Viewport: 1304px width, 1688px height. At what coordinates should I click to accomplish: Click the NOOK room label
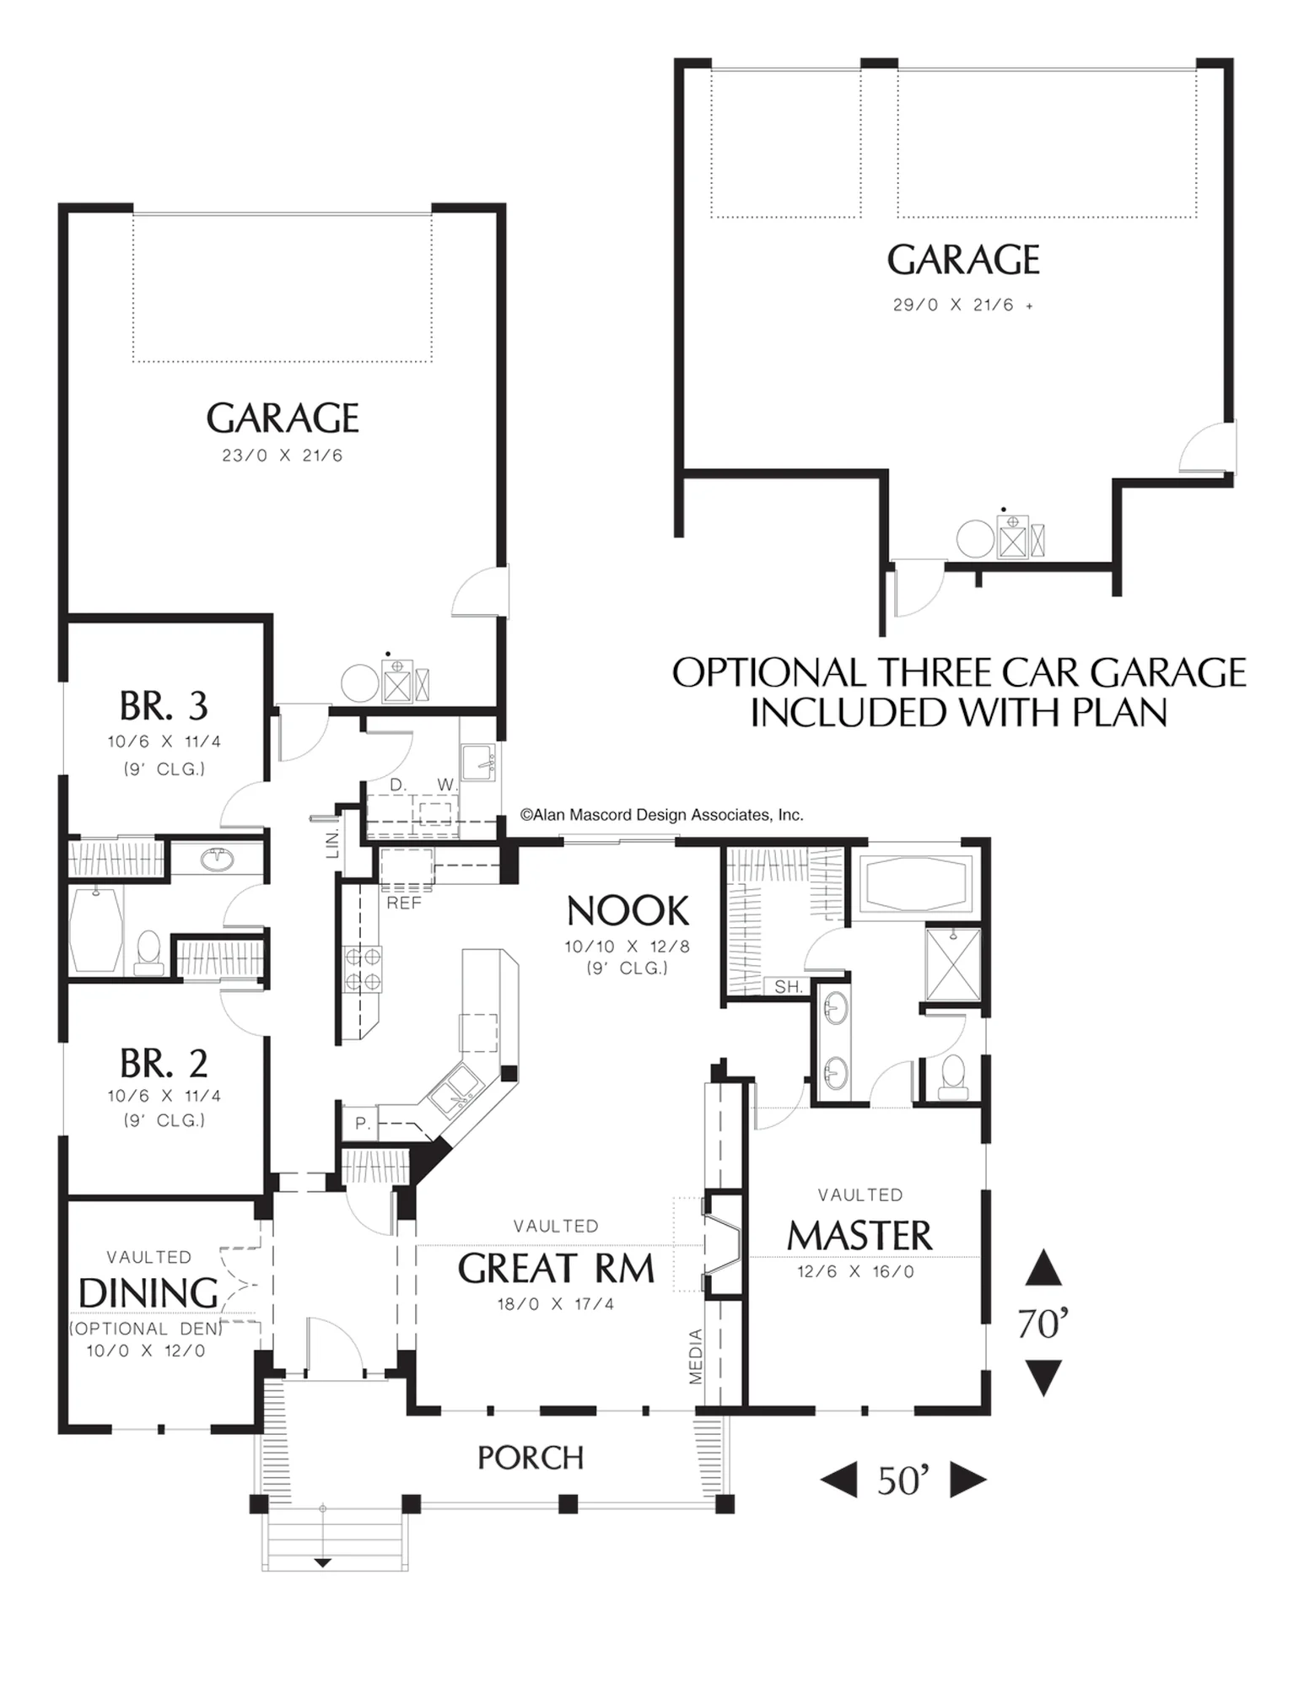click(628, 912)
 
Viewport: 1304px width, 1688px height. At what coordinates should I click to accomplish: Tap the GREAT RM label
click(556, 1269)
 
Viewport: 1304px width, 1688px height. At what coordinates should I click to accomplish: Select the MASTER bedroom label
click(859, 1237)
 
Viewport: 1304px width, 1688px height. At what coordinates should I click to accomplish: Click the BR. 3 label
click(164, 707)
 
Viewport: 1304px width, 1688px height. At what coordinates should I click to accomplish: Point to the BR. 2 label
click(164, 1064)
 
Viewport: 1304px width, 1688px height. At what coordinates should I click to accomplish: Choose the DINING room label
click(148, 1293)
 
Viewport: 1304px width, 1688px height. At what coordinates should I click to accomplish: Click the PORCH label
click(531, 1458)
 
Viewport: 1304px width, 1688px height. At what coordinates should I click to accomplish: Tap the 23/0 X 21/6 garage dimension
click(283, 456)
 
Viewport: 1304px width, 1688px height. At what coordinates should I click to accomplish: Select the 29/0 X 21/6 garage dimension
click(953, 305)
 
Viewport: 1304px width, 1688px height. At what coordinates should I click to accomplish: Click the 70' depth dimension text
click(1043, 1324)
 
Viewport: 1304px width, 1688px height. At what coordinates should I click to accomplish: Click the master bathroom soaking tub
click(915, 884)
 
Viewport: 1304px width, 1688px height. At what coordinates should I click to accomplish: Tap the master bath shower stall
click(953, 964)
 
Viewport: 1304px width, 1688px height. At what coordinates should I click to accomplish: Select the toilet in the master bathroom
click(953, 1077)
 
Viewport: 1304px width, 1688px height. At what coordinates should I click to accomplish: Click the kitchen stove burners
click(361, 969)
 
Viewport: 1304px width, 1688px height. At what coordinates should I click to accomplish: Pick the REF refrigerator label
click(404, 903)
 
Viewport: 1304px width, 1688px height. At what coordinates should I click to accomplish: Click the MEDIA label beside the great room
click(696, 1356)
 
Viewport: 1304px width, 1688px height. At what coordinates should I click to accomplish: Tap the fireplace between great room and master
click(723, 1244)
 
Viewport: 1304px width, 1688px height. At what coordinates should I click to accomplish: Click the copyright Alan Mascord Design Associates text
click(662, 815)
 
